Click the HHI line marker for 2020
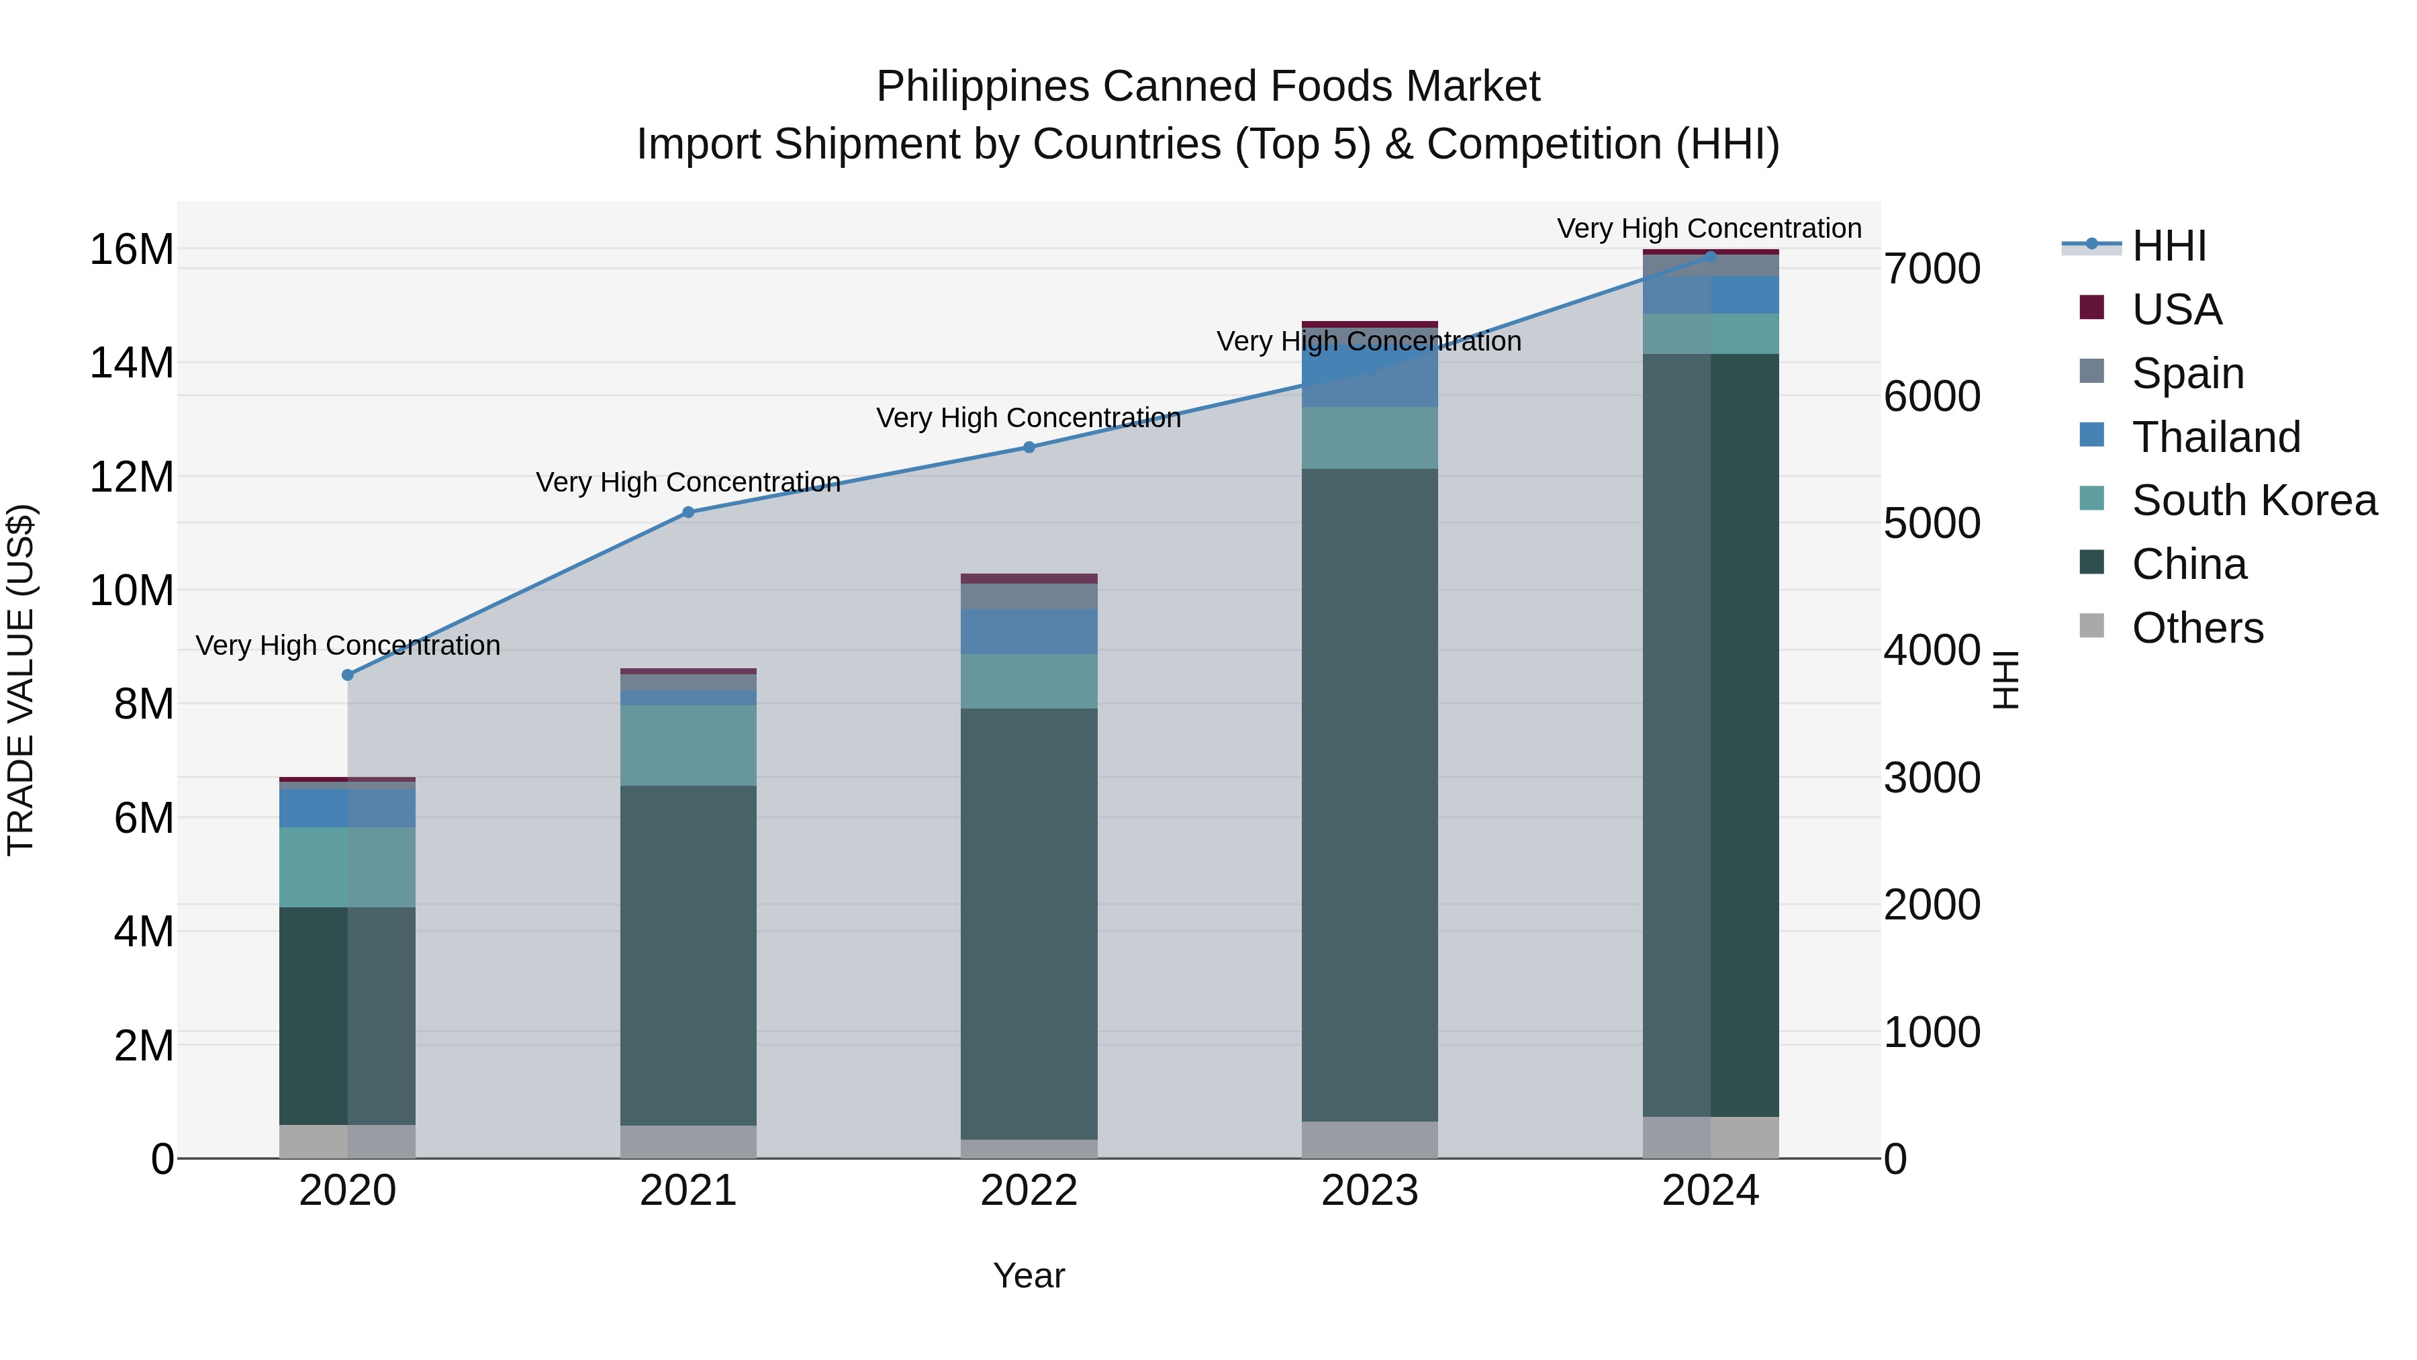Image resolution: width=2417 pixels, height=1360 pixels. tap(347, 675)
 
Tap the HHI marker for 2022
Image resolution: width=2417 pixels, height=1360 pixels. tap(1029, 448)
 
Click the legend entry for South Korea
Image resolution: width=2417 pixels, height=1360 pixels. tap(2254, 500)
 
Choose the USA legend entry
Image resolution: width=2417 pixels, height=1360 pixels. tap(2177, 310)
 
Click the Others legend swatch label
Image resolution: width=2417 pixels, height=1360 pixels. tap(2197, 628)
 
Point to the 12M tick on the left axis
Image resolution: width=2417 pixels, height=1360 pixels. tap(132, 477)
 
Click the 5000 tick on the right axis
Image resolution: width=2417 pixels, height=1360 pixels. tap(1932, 524)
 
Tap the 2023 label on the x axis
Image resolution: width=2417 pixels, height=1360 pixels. tap(1369, 1191)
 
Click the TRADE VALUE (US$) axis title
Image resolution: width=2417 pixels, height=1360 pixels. tap(21, 680)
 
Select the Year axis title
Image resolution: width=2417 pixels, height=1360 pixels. tap(1029, 1275)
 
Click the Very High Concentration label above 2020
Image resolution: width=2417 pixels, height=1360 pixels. tap(347, 645)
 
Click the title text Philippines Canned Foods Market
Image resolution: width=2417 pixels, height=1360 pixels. tap(1208, 87)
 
